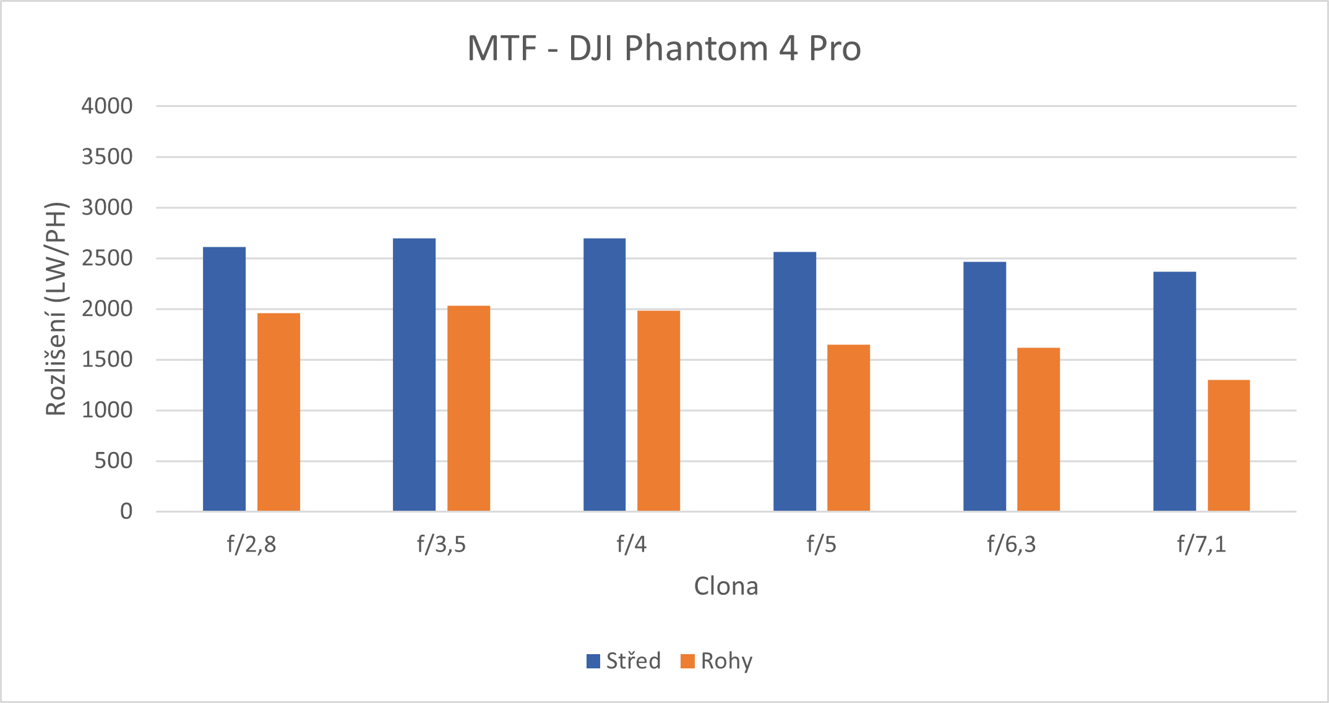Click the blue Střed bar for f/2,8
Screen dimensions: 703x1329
point(224,379)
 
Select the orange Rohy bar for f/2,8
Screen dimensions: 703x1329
point(278,412)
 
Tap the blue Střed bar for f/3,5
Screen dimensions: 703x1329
point(414,375)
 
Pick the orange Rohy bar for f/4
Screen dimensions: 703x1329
point(658,411)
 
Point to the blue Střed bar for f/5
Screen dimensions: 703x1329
point(794,381)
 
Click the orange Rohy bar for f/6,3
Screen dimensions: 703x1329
point(1038,429)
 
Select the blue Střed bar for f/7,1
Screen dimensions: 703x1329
point(1174,391)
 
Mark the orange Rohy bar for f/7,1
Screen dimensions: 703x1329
point(1228,445)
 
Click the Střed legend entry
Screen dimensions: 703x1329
point(624,661)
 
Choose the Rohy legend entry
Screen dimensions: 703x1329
point(716,661)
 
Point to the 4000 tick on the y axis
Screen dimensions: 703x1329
point(107,106)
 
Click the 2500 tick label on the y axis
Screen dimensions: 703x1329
point(107,258)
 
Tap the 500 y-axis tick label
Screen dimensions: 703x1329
point(113,461)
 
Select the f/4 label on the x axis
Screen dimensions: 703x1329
point(631,544)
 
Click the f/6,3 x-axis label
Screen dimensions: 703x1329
point(1011,544)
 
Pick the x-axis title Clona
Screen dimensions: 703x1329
point(726,586)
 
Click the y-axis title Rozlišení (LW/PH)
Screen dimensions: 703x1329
point(56,309)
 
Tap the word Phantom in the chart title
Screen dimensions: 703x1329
point(696,48)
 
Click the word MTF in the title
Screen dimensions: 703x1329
point(502,48)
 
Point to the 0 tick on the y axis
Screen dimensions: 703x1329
point(126,511)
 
